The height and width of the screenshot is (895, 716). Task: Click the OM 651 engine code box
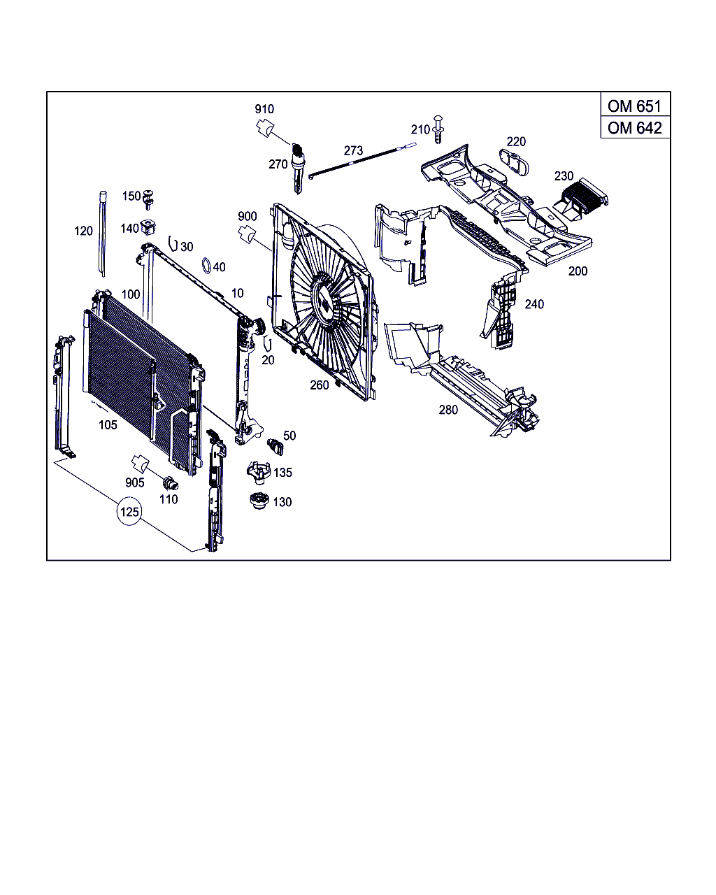coord(634,106)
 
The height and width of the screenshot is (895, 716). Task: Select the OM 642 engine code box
coord(634,128)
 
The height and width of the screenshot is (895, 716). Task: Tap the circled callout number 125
coord(129,512)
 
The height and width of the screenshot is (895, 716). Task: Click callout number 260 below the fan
coord(320,385)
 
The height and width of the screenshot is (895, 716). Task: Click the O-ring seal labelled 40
coord(206,266)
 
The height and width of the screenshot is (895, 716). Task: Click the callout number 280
coord(448,410)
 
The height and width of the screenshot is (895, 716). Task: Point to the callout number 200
coord(578,271)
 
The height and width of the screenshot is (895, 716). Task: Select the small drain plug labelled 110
coord(169,483)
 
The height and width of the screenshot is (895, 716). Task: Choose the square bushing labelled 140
coord(148,227)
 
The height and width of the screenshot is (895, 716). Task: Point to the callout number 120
coord(83,231)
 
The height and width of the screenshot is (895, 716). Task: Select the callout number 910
coord(264,109)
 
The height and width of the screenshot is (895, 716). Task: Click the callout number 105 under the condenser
coord(108,424)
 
